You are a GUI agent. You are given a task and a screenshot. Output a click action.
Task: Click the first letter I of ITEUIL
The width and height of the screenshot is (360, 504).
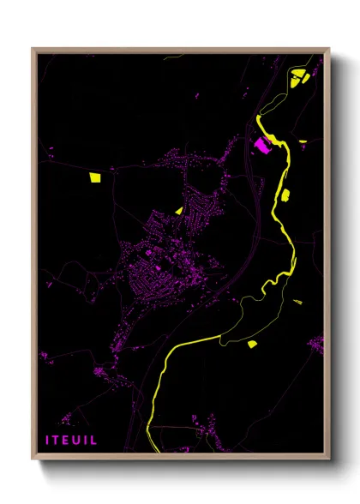click(x=48, y=440)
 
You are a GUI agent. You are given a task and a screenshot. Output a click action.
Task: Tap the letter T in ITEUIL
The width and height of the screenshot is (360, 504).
click(x=58, y=440)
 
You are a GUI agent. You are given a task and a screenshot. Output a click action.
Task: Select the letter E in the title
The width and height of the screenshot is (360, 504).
click(x=68, y=440)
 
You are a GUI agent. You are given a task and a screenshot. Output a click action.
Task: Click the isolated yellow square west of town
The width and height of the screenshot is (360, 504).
click(x=94, y=177)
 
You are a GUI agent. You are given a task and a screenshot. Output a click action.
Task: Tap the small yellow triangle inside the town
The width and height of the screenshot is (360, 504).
click(x=178, y=209)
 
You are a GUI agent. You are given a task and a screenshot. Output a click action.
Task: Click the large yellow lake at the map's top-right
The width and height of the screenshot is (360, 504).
click(x=299, y=80)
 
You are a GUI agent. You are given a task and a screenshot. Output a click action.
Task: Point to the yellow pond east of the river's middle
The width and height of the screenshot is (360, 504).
click(x=285, y=194)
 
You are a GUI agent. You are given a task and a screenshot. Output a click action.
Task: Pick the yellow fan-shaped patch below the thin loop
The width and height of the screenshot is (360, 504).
click(x=252, y=344)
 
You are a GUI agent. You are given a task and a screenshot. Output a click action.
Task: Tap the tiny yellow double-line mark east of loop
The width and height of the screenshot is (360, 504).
click(x=297, y=301)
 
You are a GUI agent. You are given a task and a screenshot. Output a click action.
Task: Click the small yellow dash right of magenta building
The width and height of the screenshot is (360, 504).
click(x=303, y=141)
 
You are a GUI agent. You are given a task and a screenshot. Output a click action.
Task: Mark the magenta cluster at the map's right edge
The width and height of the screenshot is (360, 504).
click(x=319, y=345)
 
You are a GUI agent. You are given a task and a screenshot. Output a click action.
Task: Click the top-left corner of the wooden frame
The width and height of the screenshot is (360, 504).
click(x=33, y=49)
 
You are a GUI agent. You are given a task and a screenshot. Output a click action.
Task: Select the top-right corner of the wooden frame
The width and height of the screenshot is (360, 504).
click(x=327, y=49)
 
